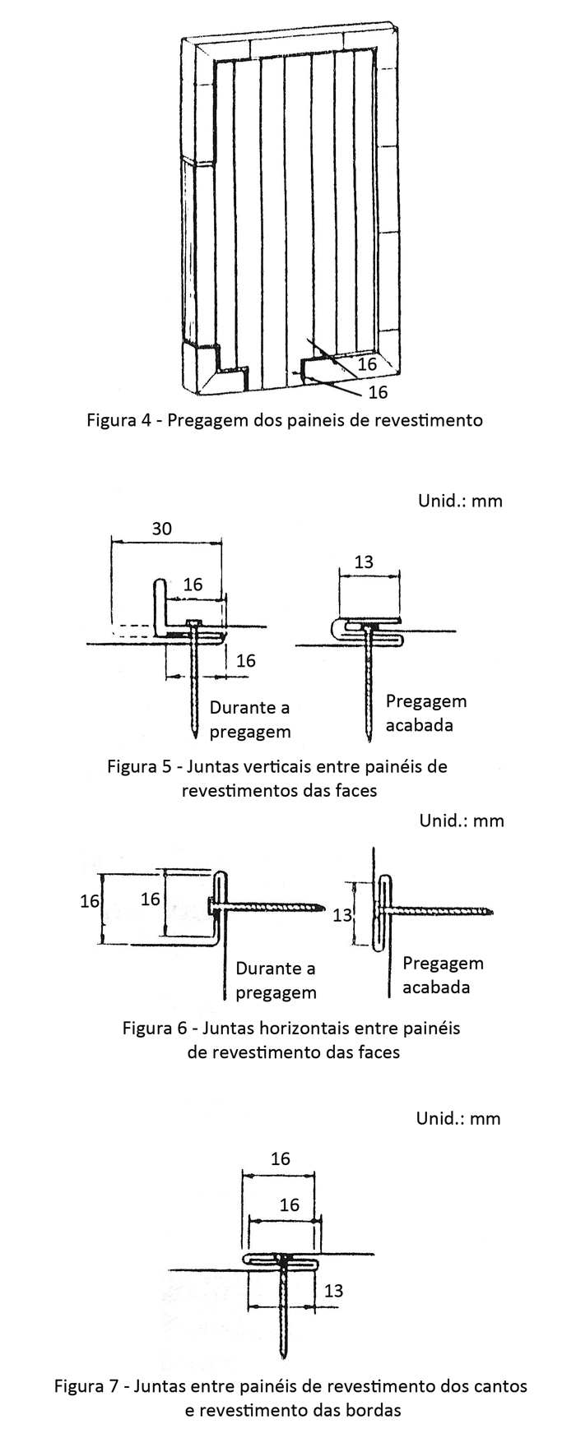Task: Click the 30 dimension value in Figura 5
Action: point(162,529)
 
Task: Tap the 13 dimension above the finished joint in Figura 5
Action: point(363,562)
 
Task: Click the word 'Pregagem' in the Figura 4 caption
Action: point(206,421)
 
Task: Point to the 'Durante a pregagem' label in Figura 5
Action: point(250,719)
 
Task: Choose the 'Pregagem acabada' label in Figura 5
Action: point(425,713)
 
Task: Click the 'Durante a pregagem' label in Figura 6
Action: point(276,980)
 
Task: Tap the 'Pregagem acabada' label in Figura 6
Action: point(443,974)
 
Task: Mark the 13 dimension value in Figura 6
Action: point(342,914)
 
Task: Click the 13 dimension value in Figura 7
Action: point(333,1291)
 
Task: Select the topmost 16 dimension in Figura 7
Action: point(280,1158)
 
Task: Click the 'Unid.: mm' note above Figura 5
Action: point(460,501)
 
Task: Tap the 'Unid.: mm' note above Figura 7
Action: point(458,1118)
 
